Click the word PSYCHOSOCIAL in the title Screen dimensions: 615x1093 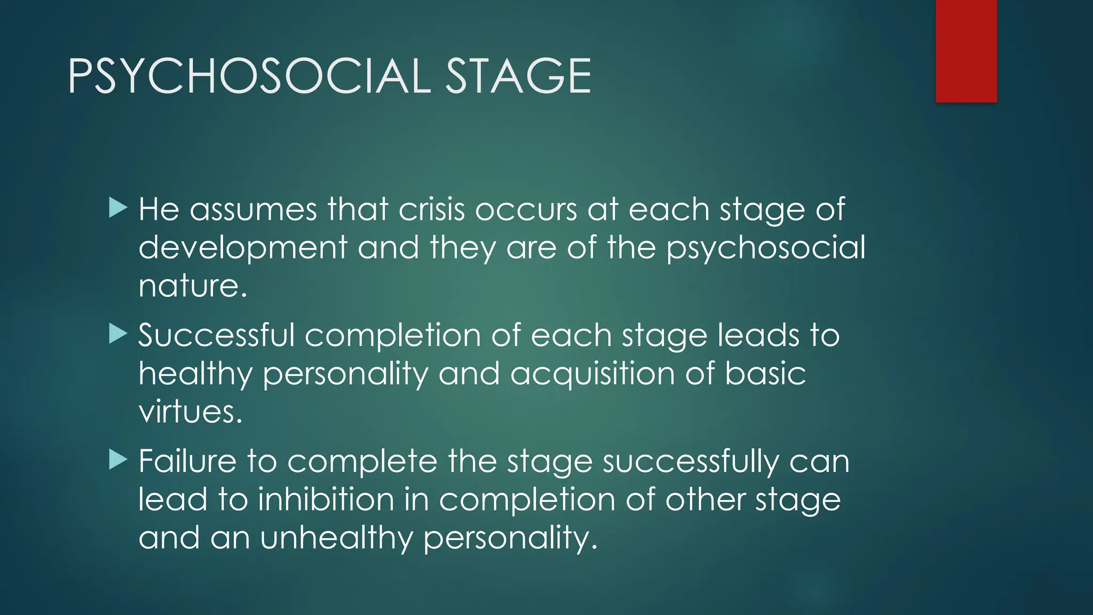pyautogui.click(x=249, y=76)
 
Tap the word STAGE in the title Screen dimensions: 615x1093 pyautogui.click(x=518, y=76)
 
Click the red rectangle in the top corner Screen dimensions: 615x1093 pyautogui.click(x=966, y=51)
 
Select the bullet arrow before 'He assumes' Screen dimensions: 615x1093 pyautogui.click(x=118, y=208)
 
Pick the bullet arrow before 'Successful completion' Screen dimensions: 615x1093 pyautogui.click(x=118, y=334)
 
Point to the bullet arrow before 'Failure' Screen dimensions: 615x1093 pyautogui.click(x=118, y=460)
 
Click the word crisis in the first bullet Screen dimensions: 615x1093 pyautogui.click(x=432, y=209)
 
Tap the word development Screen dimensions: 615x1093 pyautogui.click(x=243, y=248)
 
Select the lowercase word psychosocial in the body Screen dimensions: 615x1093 pyautogui.click(x=766, y=248)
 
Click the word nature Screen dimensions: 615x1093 pyautogui.click(x=192, y=286)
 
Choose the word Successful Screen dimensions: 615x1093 pyautogui.click(x=216, y=335)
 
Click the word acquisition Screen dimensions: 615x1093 pyautogui.click(x=592, y=374)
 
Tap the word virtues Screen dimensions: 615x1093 pyautogui.click(x=190, y=412)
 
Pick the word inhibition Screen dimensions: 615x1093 pyautogui.click(x=326, y=500)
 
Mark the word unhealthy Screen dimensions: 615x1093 pyautogui.click(x=337, y=538)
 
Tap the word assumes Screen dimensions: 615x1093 pyautogui.click(x=254, y=209)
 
